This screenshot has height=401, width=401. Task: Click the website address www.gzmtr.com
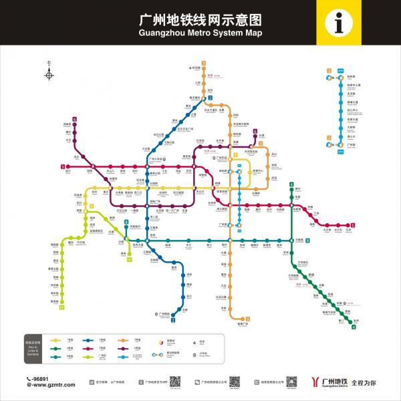(52, 385)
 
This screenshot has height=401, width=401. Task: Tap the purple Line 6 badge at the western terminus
(75, 120)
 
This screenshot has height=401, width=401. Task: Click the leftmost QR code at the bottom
(174, 382)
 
